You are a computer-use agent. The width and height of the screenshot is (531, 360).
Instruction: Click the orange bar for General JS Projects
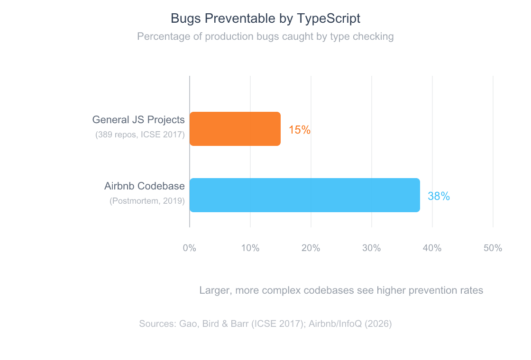click(235, 129)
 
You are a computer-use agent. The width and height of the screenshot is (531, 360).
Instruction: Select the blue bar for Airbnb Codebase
click(304, 195)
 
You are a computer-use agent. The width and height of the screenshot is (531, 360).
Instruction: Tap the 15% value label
click(300, 130)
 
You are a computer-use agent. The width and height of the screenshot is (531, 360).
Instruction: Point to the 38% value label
click(439, 196)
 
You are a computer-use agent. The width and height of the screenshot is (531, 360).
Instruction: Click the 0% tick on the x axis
click(190, 248)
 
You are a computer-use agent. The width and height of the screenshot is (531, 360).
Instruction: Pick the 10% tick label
click(250, 248)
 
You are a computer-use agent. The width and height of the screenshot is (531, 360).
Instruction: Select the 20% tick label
click(311, 248)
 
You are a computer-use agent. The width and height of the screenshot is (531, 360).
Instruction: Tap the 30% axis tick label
click(371, 248)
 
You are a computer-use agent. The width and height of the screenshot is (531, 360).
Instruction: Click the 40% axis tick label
click(432, 248)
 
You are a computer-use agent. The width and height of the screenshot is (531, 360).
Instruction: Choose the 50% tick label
click(493, 248)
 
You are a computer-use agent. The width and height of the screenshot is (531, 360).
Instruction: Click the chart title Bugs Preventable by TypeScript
click(265, 18)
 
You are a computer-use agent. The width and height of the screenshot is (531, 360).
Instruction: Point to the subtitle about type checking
click(265, 36)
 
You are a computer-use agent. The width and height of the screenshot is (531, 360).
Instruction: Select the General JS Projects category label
click(138, 120)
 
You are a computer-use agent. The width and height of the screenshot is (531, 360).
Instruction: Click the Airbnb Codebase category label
click(144, 186)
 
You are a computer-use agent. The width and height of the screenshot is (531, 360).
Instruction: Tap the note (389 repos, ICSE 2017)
click(140, 135)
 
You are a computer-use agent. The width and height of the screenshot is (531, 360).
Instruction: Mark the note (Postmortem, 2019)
click(147, 201)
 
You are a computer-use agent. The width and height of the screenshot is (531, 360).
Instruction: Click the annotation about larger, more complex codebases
click(341, 290)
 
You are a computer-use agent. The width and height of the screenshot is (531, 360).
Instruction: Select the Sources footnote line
click(265, 324)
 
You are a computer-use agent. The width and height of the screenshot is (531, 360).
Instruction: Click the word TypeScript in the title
click(329, 18)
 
